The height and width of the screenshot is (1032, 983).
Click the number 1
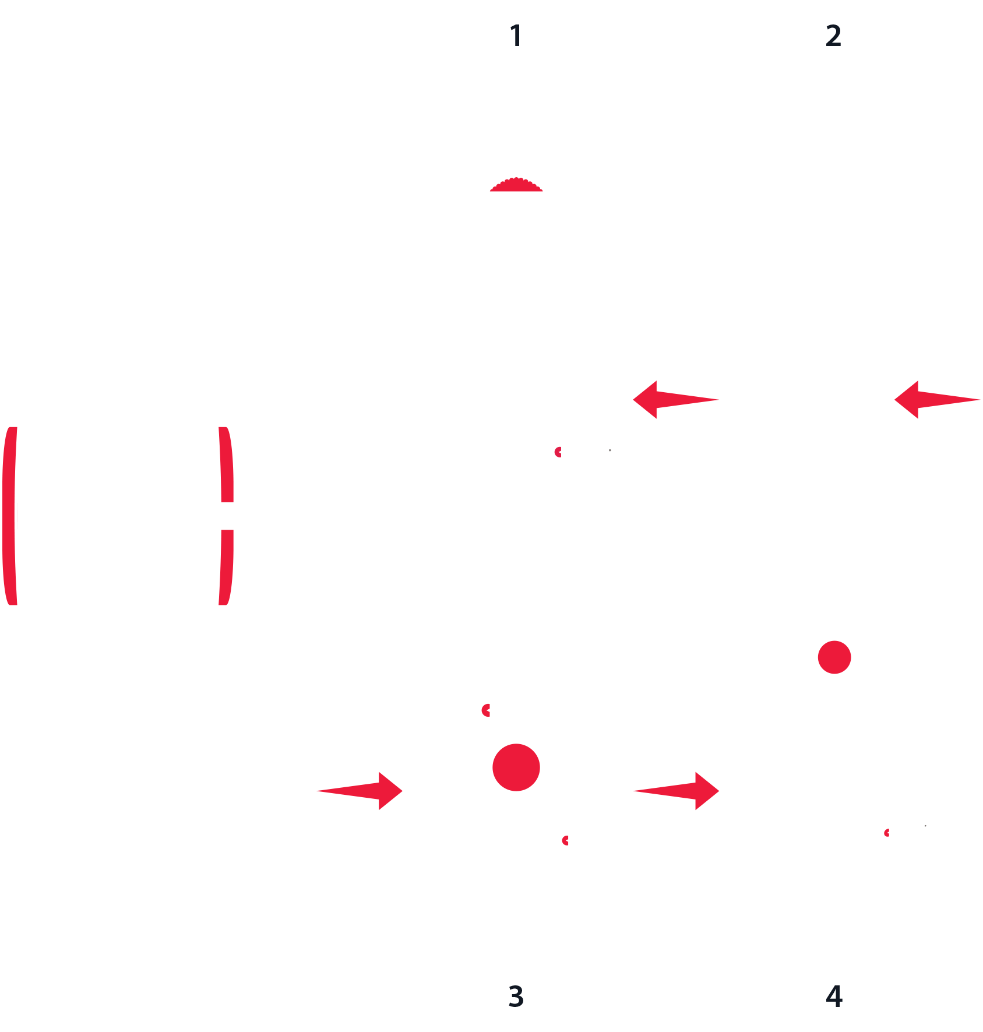tap(516, 36)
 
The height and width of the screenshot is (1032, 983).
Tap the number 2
tap(833, 36)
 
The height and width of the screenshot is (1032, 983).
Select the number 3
tap(516, 996)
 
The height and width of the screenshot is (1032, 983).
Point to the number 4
tap(834, 996)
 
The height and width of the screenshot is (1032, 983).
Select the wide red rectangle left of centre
tap(315, 464)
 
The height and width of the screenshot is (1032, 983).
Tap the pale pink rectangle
tap(38, 516)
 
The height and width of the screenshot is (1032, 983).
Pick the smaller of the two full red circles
tap(834, 657)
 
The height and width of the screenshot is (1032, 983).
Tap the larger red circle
tap(516, 767)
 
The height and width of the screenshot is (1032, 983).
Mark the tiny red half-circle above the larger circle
tap(486, 710)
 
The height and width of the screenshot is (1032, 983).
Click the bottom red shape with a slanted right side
tap(364, 813)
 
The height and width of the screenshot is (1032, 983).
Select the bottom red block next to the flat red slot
tap(681, 813)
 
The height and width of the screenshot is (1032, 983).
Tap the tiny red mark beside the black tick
tap(886, 836)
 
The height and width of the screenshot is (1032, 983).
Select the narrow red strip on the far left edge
tap(8, 516)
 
